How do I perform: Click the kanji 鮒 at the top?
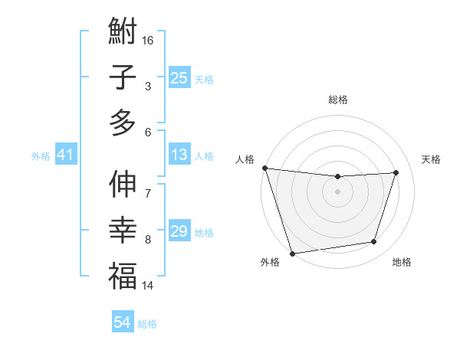point(123,32)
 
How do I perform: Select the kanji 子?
point(123,77)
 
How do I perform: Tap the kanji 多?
point(123,123)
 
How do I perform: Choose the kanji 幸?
point(123,230)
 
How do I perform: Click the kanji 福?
point(123,275)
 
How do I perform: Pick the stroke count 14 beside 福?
point(148,286)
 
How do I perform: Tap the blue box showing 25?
point(179,78)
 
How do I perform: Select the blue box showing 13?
point(179,155)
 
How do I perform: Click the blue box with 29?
point(179,231)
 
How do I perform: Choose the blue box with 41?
point(65,155)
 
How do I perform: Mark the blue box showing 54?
point(122,322)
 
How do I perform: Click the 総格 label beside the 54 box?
point(147,324)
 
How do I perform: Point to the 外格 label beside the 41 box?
point(41,156)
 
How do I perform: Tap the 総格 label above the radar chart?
point(337,100)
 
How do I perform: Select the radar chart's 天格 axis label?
point(431,159)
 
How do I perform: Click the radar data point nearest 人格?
point(264,168)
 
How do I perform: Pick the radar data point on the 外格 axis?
point(292,253)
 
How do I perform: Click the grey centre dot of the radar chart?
point(337,191)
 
